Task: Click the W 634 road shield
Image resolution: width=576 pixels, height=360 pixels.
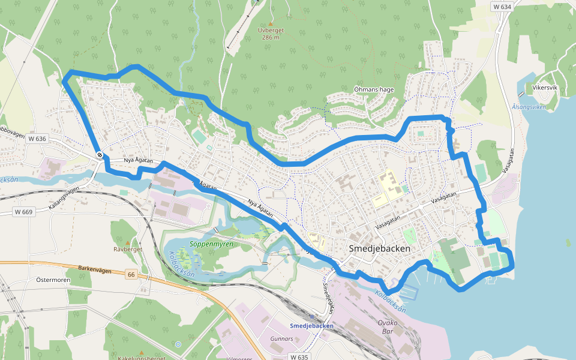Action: (502, 7)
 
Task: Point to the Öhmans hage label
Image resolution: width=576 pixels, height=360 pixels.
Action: (374, 89)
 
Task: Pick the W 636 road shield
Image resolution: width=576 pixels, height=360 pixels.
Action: (37, 139)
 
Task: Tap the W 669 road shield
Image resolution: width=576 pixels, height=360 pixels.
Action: (25, 212)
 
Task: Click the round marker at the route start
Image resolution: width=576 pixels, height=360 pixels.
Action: (99, 155)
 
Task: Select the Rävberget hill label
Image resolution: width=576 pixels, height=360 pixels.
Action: (127, 248)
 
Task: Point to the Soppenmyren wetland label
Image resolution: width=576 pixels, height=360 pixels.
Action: (211, 244)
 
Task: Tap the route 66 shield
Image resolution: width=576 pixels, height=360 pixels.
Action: (131, 275)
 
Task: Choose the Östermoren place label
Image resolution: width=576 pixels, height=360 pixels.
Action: (54, 280)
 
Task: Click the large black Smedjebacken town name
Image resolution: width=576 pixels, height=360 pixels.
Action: (380, 248)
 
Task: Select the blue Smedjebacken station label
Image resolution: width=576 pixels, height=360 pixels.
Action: (311, 326)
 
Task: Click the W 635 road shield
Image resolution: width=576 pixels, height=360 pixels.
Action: (299, 356)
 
